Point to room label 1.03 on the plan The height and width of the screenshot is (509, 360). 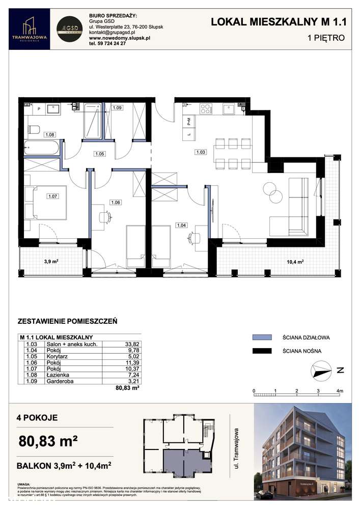[x=200, y=151]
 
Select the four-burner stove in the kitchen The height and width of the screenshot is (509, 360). [x=206, y=108]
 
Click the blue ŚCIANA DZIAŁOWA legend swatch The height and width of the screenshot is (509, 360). [x=263, y=337]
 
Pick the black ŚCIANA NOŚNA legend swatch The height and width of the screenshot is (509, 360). [x=263, y=351]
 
